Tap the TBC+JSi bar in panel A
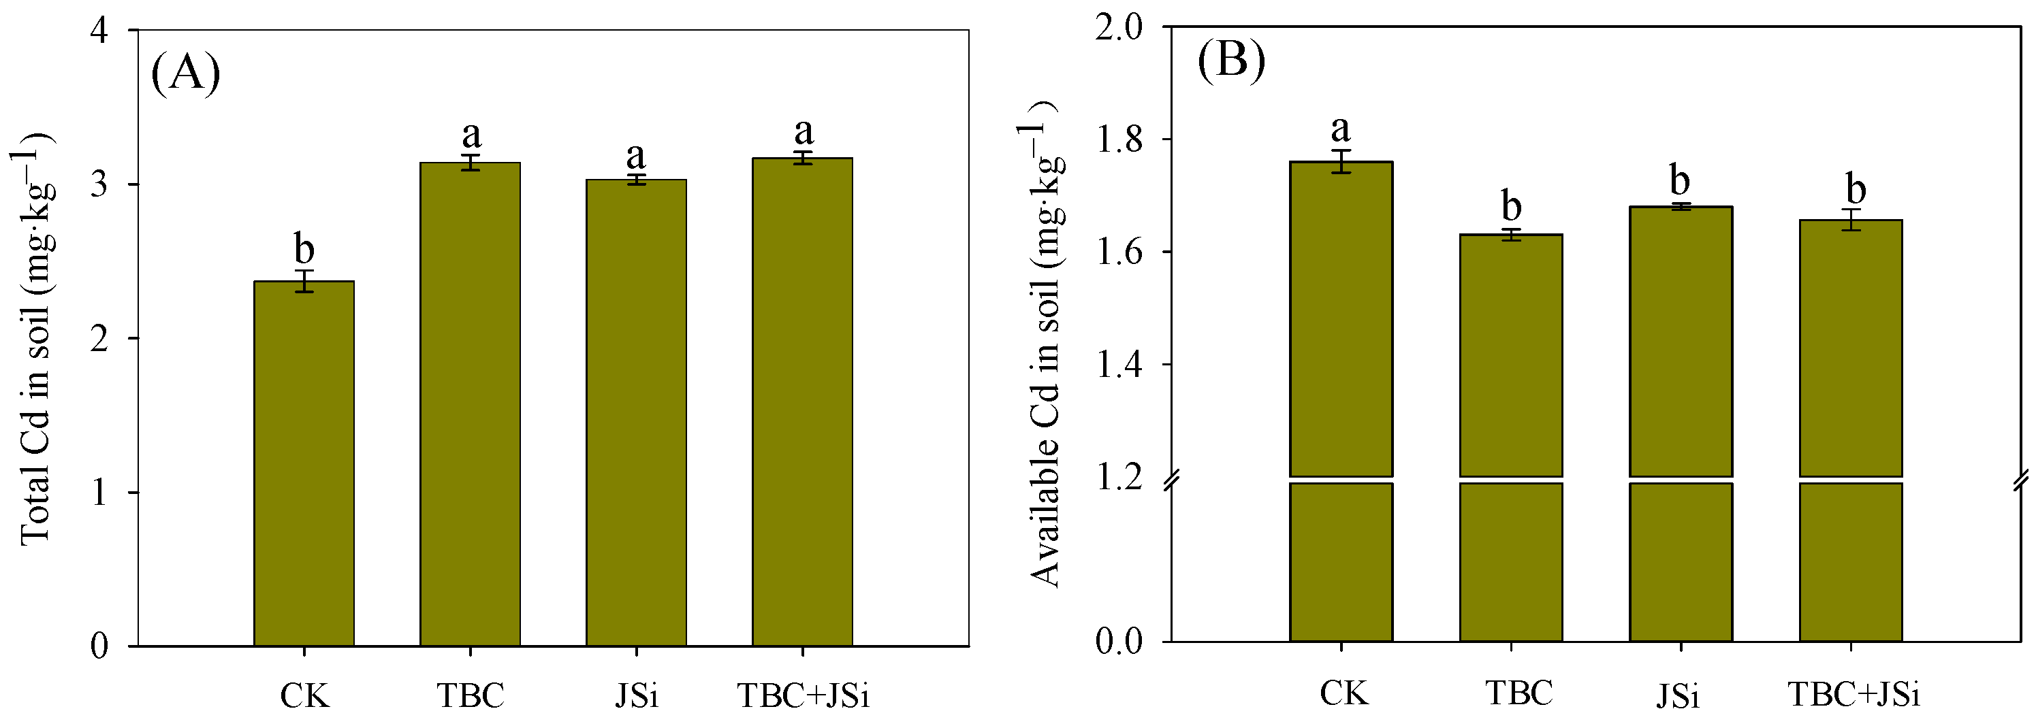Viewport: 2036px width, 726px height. [802, 402]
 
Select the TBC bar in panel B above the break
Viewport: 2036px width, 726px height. [1511, 355]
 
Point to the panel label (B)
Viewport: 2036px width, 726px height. [1231, 59]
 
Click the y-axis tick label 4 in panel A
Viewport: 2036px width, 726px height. [100, 31]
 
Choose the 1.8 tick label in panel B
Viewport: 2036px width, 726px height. [1119, 140]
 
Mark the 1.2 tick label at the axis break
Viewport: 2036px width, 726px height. [1119, 478]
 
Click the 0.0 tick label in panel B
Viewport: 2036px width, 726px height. [1119, 641]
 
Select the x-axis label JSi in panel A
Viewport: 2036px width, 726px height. [636, 696]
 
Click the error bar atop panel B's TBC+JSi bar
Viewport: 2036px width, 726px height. [1851, 220]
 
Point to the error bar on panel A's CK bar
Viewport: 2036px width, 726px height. [304, 281]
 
